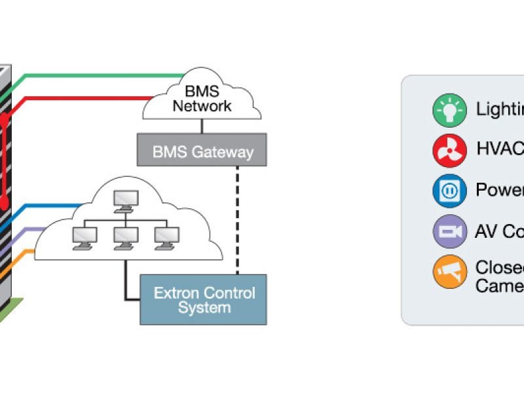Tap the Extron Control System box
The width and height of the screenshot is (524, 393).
[x=204, y=299]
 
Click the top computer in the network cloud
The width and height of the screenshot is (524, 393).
[x=126, y=200]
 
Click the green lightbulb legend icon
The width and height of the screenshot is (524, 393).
[x=449, y=109]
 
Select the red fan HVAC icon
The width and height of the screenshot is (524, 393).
[x=449, y=150]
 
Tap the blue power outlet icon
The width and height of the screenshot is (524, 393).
[x=449, y=191]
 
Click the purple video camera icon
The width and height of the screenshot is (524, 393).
[x=449, y=231]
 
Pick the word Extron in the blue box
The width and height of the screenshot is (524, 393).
[x=176, y=292]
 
